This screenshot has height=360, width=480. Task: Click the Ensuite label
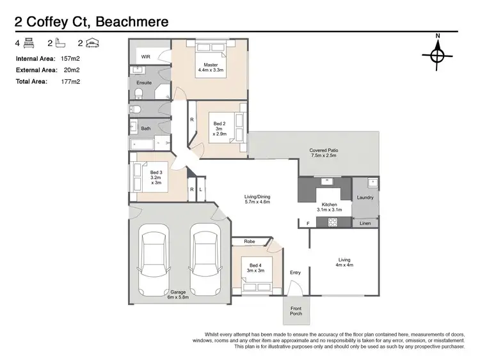point(144,82)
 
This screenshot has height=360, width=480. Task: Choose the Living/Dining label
point(257,198)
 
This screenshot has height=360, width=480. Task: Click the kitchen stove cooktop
point(333,222)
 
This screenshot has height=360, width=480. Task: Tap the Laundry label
point(365,198)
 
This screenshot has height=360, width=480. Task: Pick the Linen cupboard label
point(365,223)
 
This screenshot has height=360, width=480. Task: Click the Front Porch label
point(296,311)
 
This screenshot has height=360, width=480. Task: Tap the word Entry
point(295,272)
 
